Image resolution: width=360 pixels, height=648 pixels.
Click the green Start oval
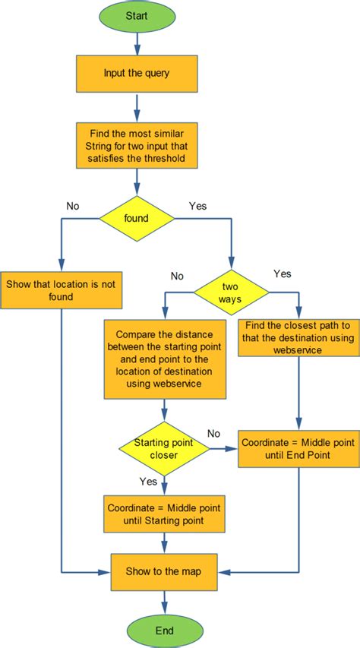[137, 15]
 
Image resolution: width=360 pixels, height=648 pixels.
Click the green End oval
[164, 630]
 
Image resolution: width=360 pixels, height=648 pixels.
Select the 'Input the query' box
[137, 74]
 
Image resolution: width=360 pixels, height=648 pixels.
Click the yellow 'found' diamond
[137, 218]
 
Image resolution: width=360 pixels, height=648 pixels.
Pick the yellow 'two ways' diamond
[231, 292]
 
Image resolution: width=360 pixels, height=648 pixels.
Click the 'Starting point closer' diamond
[164, 450]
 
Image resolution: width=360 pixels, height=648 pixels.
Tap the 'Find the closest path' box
[298, 337]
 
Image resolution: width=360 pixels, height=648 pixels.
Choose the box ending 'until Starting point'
[164, 515]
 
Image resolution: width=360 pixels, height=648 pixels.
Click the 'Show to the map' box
[164, 571]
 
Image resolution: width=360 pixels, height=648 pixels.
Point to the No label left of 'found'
[74, 205]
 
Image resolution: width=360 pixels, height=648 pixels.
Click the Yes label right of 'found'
[197, 205]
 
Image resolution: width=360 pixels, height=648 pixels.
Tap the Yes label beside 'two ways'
[282, 273]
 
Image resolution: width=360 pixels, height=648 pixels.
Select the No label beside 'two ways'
[177, 276]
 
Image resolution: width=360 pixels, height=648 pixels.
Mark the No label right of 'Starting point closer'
[214, 433]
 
